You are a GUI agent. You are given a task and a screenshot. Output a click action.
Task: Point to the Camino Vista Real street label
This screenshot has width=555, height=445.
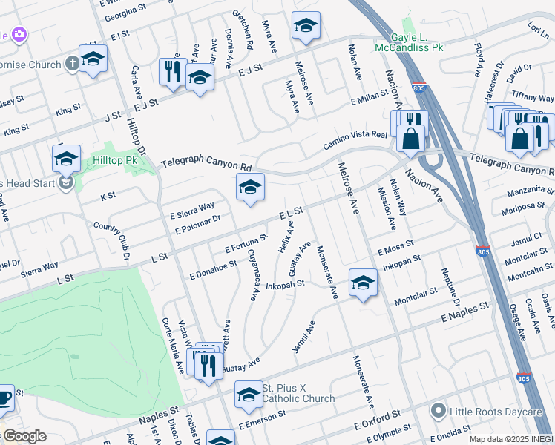click(355, 139)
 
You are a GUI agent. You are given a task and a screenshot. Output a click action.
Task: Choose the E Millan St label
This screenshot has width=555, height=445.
click(370, 95)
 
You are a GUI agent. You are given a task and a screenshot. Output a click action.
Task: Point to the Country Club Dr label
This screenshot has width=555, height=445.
click(111, 236)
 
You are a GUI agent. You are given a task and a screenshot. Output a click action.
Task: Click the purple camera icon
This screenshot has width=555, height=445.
click(19, 33)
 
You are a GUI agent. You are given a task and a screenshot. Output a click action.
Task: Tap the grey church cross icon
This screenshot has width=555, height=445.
click(72, 64)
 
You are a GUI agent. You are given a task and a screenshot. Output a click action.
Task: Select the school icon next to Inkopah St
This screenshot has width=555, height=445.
click(363, 283)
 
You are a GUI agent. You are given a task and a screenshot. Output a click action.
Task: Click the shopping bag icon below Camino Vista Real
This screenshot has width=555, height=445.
click(410, 137)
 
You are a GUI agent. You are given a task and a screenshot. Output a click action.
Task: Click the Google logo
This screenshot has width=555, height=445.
click(25, 437)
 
